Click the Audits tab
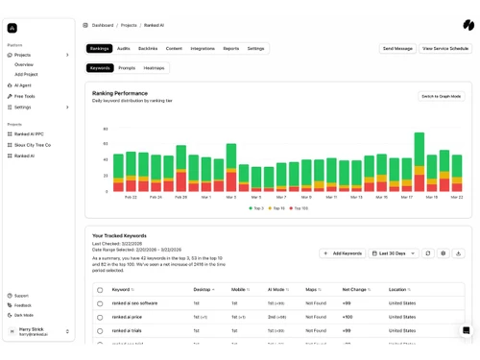[x=123, y=48]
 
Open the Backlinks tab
[x=148, y=48]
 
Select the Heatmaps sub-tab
[x=154, y=68]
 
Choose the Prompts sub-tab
[x=127, y=68]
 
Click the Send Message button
[x=397, y=48]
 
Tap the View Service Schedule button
[x=446, y=48]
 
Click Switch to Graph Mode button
[x=442, y=96]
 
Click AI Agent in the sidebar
[x=23, y=85]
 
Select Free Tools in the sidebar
[x=25, y=96]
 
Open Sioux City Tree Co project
[x=33, y=145]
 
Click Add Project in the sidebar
[x=26, y=74]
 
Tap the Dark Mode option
[x=24, y=315]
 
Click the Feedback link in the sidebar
[x=23, y=305]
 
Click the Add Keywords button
[x=343, y=253]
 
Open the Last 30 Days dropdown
[x=394, y=253]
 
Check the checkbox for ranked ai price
[x=100, y=317]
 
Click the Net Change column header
[x=356, y=289]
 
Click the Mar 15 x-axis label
[x=381, y=197]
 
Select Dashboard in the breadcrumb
[x=103, y=25]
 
